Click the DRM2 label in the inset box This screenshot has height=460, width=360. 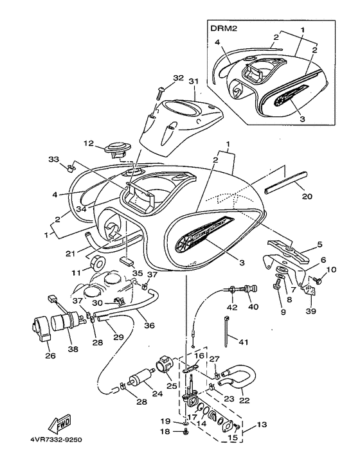pyautogui.click(x=222, y=28)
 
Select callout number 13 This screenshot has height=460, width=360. pyautogui.click(x=264, y=424)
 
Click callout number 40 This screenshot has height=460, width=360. pyautogui.click(x=253, y=306)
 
